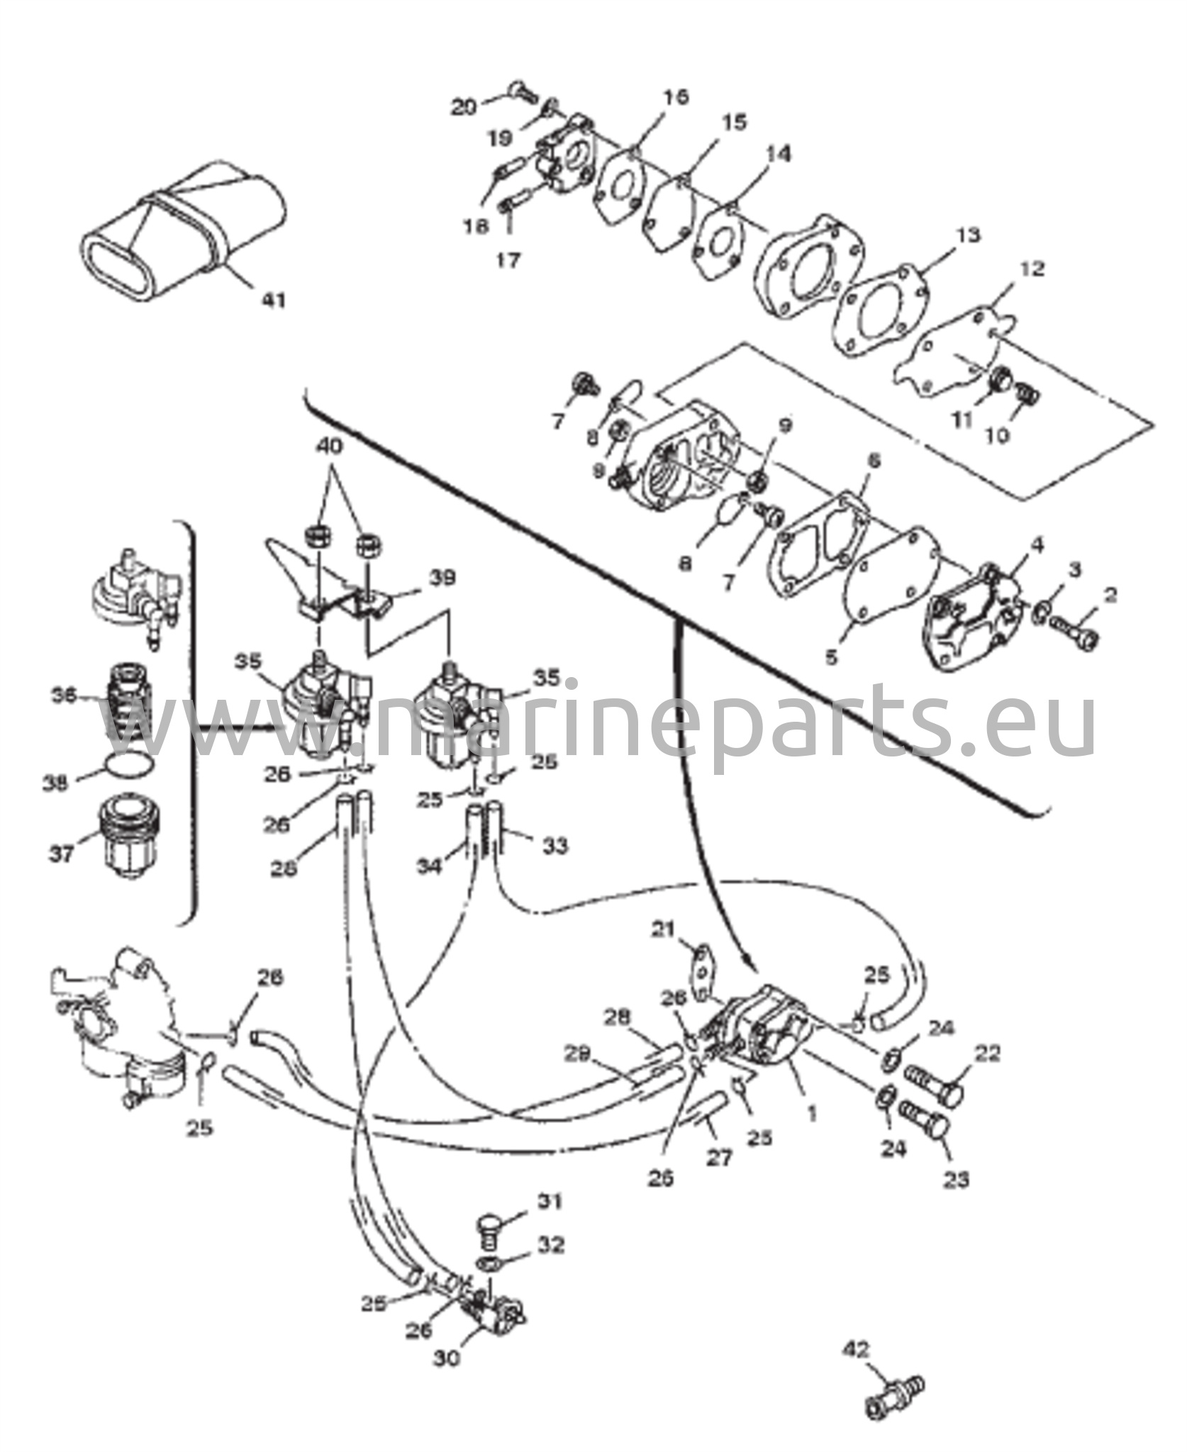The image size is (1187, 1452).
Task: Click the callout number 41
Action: pyautogui.click(x=273, y=300)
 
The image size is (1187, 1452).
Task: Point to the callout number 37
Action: pyautogui.click(x=62, y=854)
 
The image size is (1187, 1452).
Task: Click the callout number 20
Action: pyautogui.click(x=465, y=107)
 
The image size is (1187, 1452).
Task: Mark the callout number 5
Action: pyautogui.click(x=831, y=657)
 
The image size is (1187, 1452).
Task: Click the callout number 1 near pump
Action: pyautogui.click(x=812, y=1114)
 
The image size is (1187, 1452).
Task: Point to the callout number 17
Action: pyautogui.click(x=508, y=260)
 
